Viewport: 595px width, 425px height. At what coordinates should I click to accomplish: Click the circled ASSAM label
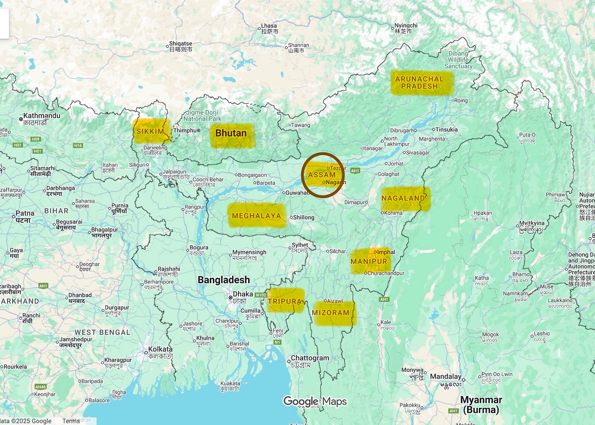[x=322, y=175]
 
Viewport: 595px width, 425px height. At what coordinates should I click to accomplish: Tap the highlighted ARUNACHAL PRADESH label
[x=420, y=83]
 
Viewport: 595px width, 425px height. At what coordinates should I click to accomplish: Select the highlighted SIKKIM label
[x=150, y=131]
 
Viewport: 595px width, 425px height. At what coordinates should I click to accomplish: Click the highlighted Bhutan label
[x=231, y=133]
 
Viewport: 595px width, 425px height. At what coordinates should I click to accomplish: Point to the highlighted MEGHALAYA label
[x=256, y=216]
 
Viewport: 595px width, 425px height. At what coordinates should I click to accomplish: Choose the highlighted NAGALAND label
[x=403, y=198]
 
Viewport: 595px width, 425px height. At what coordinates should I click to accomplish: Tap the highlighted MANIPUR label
[x=369, y=261]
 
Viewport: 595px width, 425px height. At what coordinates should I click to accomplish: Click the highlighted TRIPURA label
[x=284, y=301]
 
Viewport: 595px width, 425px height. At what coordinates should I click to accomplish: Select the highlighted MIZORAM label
[x=331, y=313]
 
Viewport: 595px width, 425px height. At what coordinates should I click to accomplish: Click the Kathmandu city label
[x=41, y=116]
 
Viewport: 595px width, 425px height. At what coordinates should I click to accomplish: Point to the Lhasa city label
[x=269, y=26]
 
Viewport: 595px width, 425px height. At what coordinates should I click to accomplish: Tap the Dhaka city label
[x=243, y=294]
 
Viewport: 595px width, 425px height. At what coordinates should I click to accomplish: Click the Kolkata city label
[x=160, y=349]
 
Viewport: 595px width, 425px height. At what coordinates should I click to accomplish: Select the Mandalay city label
[x=445, y=376]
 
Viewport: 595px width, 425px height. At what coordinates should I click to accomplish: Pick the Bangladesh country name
[x=224, y=280]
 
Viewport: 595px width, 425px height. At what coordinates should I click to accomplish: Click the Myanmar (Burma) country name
[x=481, y=405]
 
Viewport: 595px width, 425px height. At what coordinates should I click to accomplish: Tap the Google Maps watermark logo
[x=315, y=401]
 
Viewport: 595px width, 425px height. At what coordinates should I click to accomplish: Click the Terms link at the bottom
[x=71, y=421]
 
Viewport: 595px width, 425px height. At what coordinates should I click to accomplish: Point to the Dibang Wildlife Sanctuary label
[x=458, y=60]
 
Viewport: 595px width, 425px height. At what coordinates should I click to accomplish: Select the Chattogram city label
[x=310, y=358]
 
